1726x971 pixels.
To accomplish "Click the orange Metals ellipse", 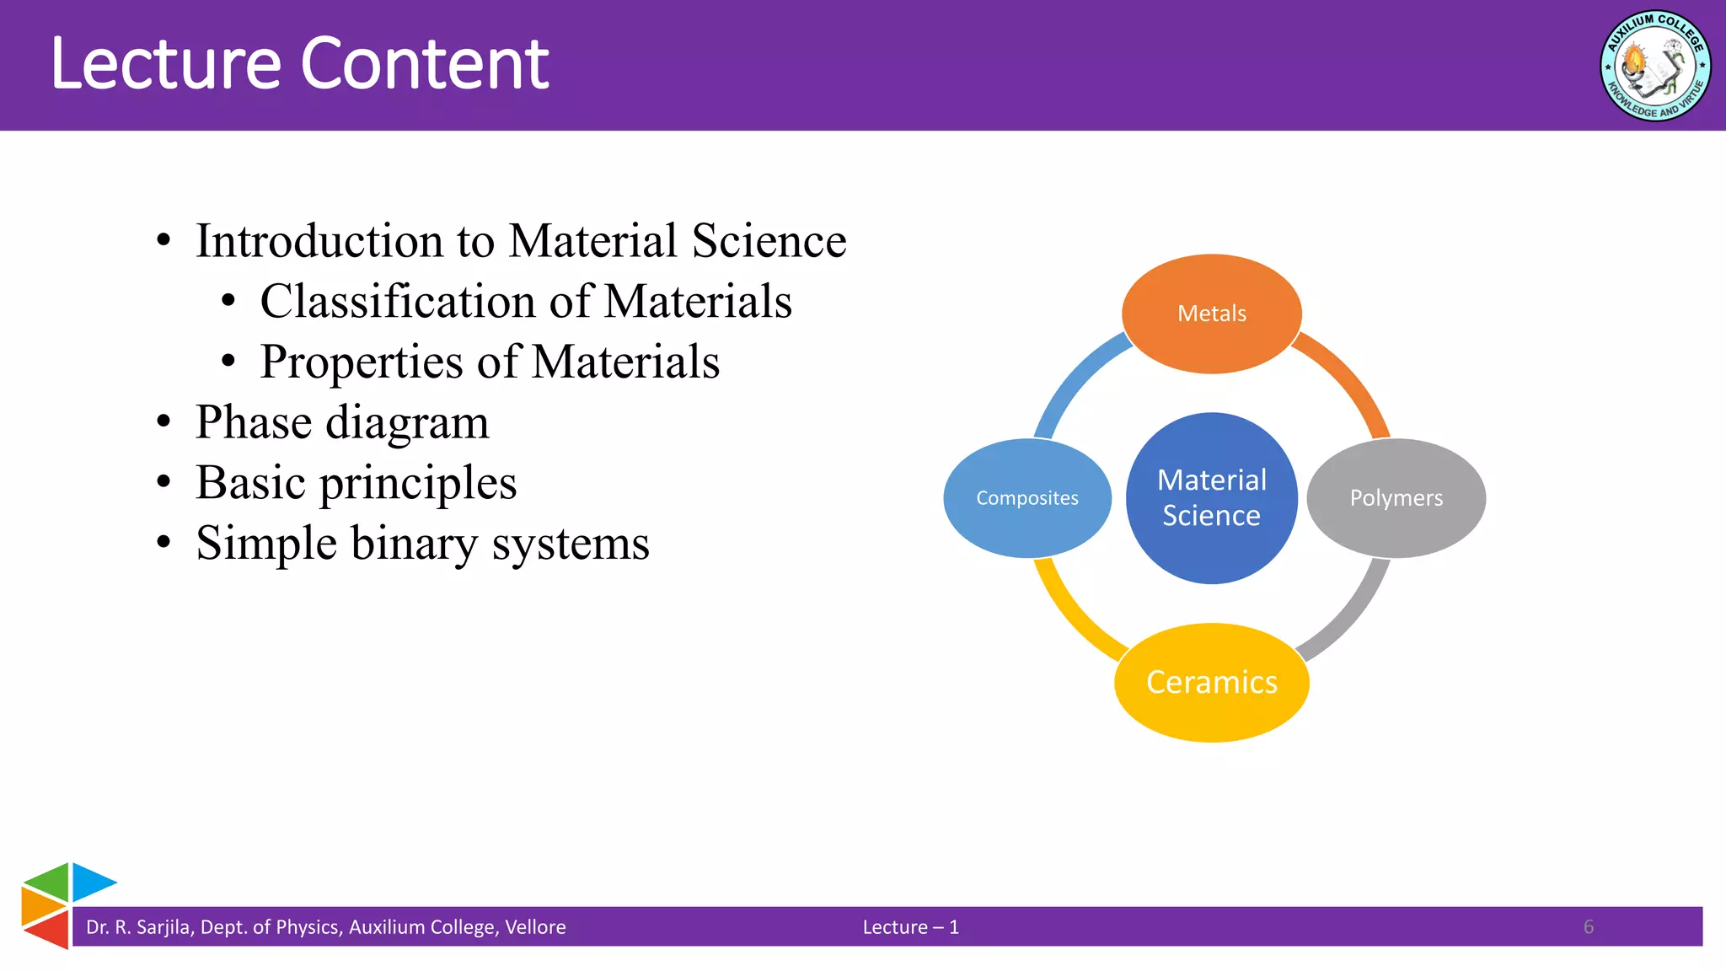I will (x=1211, y=314).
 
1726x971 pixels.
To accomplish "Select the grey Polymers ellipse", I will (x=1396, y=498).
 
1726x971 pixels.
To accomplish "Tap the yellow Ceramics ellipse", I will (x=1211, y=682).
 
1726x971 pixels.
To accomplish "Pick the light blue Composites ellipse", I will (x=1026, y=498).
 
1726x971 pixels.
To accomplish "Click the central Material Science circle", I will (x=1211, y=498).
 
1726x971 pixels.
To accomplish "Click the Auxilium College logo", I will (x=1654, y=66).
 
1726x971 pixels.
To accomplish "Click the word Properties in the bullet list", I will (x=362, y=362).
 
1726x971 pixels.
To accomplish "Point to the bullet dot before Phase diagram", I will (x=163, y=421).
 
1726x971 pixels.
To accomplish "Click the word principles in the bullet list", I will (x=418, y=483).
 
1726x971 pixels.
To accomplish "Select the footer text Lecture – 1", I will (x=910, y=927).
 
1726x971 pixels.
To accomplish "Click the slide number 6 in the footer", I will (x=1588, y=927).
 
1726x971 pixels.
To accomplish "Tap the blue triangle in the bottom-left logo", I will (x=90, y=882).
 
